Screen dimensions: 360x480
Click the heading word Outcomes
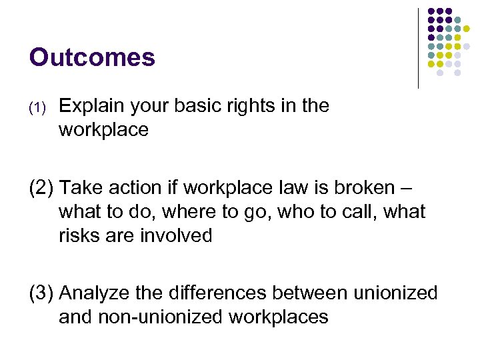click(92, 57)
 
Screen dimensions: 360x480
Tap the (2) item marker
click(41, 188)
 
